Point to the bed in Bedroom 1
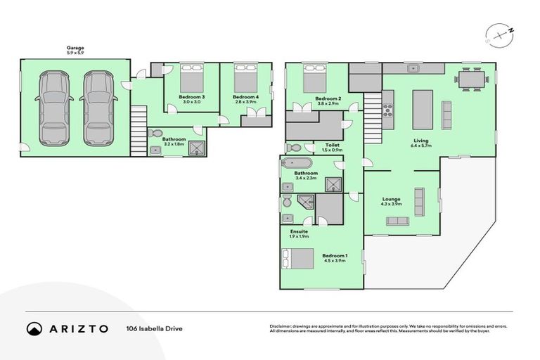pyautogui.click(x=298, y=259)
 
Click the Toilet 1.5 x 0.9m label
pyautogui.click(x=333, y=147)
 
